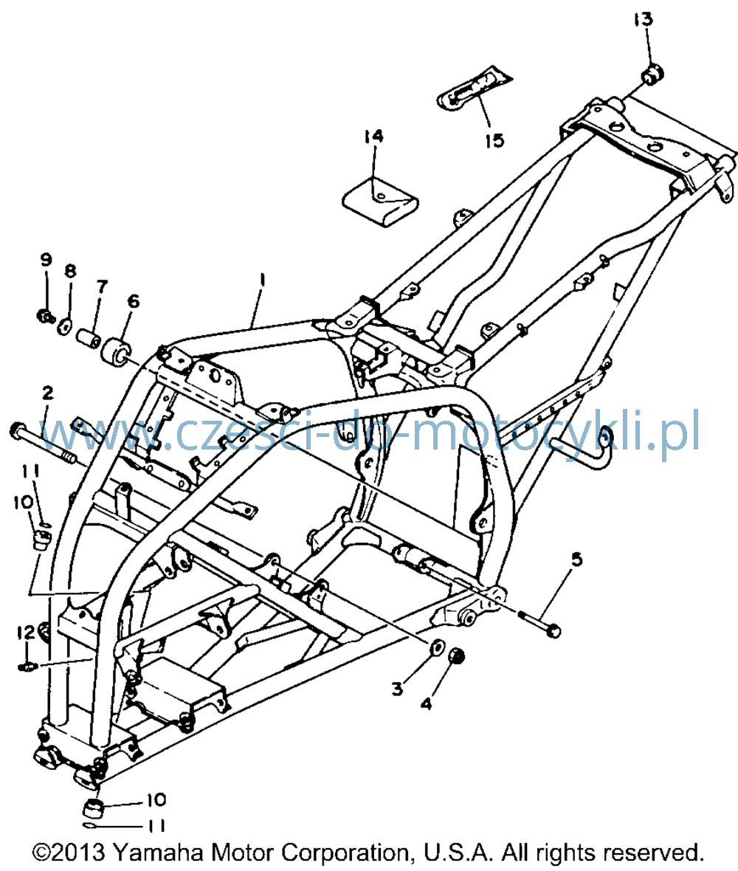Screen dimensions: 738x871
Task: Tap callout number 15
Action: (x=494, y=140)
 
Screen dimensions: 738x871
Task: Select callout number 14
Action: (x=373, y=136)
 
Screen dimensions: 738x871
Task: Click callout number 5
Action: (x=577, y=560)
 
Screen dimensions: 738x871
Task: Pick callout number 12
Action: (x=26, y=632)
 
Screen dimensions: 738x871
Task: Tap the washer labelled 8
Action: (x=65, y=326)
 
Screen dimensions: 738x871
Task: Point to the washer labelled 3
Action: (x=437, y=647)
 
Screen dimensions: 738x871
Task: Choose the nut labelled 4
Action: (x=456, y=656)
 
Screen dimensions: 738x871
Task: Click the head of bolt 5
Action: (x=553, y=631)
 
